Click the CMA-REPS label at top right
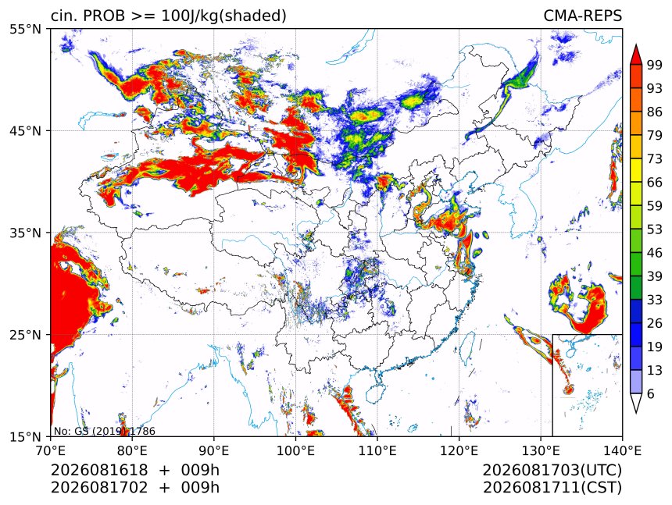pyautogui.click(x=582, y=16)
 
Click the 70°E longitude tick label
pyautogui.click(x=51, y=450)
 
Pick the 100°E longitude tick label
pyautogui.click(x=295, y=450)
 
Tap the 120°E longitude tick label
pyautogui.click(x=459, y=450)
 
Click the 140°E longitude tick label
pyautogui.click(x=622, y=450)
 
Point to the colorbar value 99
pyautogui.click(x=655, y=66)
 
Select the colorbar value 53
pyautogui.click(x=655, y=229)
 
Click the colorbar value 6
pyautogui.click(x=651, y=393)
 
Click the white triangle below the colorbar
pyautogui.click(x=636, y=402)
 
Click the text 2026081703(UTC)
pyautogui.click(x=552, y=471)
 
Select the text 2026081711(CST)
pyautogui.click(x=552, y=488)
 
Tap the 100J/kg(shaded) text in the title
pyautogui.click(x=223, y=16)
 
